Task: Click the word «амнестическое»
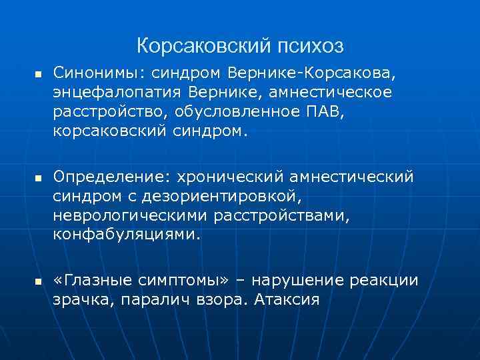pos(339,91)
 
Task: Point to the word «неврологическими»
pos(131,216)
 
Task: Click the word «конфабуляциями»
pos(127,236)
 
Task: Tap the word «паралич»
pos(149,301)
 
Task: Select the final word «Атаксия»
pos(287,301)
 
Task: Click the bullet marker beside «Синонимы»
pos(37,72)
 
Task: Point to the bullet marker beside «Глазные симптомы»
pos(37,281)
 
